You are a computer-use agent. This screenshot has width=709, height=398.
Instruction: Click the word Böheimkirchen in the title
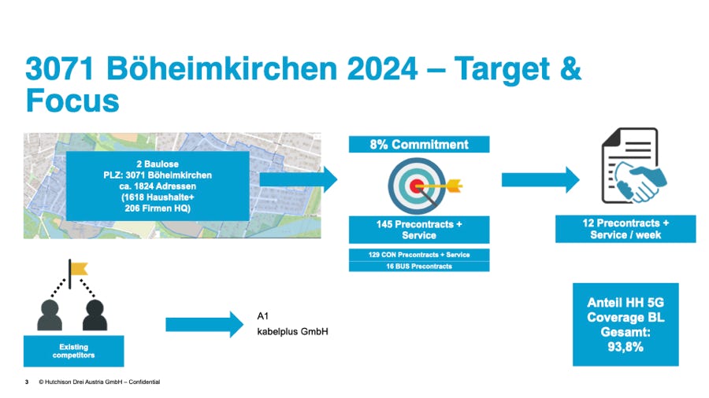(x=221, y=68)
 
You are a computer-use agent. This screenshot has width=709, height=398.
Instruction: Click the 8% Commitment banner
(x=419, y=145)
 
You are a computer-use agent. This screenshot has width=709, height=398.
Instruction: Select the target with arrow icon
(x=424, y=186)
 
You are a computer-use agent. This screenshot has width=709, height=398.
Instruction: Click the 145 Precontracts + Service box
(x=419, y=230)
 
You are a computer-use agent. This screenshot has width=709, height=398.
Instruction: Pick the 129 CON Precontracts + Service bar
(x=419, y=255)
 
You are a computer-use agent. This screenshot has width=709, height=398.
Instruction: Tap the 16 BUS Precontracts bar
(x=419, y=266)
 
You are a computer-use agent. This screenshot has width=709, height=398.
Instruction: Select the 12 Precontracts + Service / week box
(x=625, y=229)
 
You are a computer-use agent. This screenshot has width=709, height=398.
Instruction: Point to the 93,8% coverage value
(x=625, y=347)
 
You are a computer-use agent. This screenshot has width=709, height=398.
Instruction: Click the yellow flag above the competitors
(x=79, y=269)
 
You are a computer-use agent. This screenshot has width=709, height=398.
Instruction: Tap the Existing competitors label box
(x=74, y=351)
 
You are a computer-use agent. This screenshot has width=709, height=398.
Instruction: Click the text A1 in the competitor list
(x=262, y=316)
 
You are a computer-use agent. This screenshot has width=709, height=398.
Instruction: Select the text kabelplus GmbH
(x=292, y=332)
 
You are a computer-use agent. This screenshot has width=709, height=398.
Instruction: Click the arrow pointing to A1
(x=205, y=324)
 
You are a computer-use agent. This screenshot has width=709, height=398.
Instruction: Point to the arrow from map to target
(x=299, y=179)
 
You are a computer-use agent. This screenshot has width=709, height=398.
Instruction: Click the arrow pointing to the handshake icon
(x=540, y=179)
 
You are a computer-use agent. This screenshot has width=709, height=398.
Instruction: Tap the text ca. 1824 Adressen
(x=158, y=186)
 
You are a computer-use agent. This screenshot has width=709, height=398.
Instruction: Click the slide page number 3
(x=27, y=381)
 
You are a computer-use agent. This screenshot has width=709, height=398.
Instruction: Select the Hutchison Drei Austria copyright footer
(x=99, y=381)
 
